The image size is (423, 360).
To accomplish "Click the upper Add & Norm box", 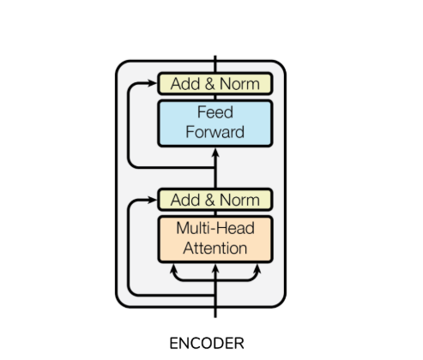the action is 215,84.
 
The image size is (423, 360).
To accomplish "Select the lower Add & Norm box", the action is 215,200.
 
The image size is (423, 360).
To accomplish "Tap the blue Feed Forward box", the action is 215,123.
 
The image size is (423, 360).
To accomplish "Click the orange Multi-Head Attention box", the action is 215,239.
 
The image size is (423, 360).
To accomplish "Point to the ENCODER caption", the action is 207,344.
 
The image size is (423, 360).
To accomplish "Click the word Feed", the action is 215,112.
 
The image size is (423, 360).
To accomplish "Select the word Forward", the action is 215,132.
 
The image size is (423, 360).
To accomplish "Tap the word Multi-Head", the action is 215,228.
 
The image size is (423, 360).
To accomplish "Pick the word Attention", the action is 215,248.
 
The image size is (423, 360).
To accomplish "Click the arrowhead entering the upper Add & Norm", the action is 152,83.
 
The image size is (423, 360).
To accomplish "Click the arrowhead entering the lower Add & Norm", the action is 152,200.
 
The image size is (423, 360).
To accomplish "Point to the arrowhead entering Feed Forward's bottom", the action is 215,153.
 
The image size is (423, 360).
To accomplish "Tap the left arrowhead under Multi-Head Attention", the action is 173,268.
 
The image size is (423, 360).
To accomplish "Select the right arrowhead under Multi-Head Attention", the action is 257,268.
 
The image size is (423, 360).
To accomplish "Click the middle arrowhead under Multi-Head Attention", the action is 215,268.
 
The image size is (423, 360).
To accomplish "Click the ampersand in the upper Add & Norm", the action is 209,84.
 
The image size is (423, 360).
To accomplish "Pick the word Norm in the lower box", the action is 239,200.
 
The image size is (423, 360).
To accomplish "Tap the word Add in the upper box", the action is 185,84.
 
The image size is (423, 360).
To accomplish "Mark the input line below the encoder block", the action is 215,313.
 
